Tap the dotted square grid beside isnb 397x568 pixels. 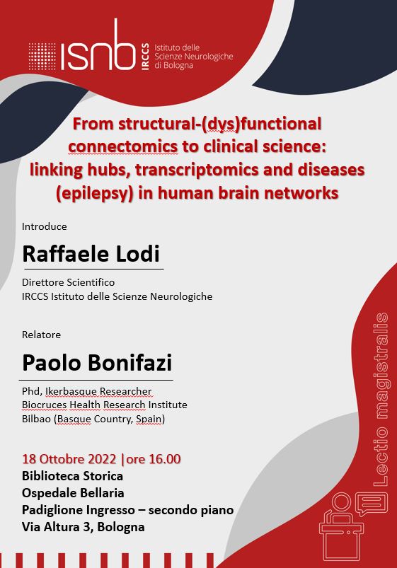tap(42, 55)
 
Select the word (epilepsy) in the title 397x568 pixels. tap(108, 193)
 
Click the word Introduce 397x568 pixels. tap(44, 226)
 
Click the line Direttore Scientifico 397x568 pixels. tap(68, 282)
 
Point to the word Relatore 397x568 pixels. tap(41, 334)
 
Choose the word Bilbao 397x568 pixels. tap(38, 419)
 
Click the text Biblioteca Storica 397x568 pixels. tap(73, 476)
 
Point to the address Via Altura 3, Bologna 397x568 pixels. tap(84, 527)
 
